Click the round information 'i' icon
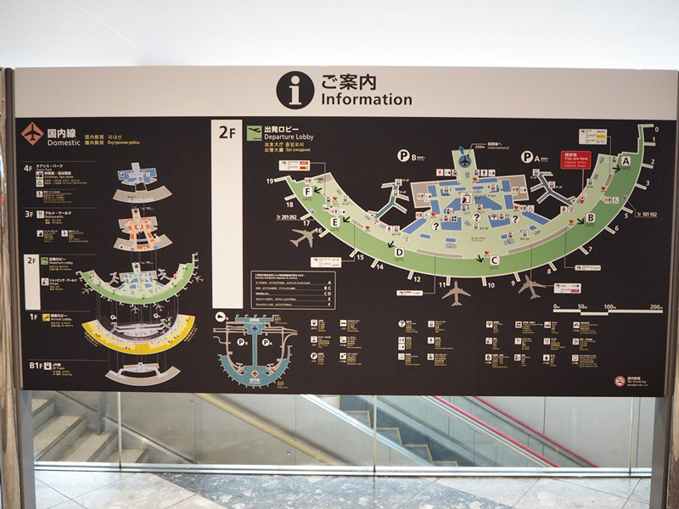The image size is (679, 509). coord(295,90)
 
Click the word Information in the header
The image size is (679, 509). coord(366,99)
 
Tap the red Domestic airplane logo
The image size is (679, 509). coord(32,134)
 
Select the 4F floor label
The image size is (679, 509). coord(29,168)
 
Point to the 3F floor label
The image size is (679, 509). coord(29,215)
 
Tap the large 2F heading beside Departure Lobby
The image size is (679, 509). coord(227,131)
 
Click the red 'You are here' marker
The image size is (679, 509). coord(576,159)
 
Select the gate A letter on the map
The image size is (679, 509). coord(626,160)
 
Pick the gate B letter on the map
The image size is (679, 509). coord(591,217)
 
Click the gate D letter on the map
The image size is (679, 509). coord(399,251)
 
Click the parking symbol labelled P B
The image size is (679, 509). coord(404,156)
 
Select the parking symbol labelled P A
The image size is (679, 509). coord(527,156)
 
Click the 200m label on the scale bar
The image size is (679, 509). coord(655,306)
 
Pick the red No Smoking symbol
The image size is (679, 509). coord(620,381)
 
